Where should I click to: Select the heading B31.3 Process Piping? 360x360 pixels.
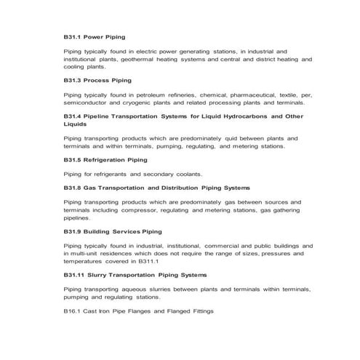(97, 80)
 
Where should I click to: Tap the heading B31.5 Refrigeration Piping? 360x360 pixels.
(105, 159)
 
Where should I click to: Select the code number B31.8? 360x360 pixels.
(73, 188)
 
